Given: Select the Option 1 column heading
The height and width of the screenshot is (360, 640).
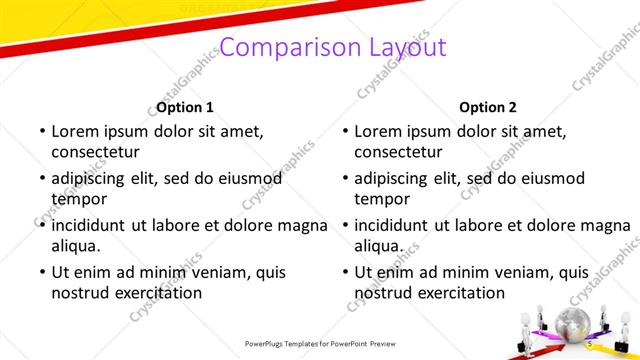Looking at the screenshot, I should coord(185,107).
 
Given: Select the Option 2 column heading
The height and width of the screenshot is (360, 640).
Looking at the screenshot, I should coord(488,107).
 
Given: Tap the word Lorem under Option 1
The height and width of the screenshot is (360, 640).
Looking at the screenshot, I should coord(76,131).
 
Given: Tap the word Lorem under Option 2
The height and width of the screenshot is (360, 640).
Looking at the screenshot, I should coord(379,131).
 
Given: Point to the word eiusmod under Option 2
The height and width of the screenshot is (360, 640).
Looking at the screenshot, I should coord(549,178).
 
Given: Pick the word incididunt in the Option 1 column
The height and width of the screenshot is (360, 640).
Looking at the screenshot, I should coord(99,225).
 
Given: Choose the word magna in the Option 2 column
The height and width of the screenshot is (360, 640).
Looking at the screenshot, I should coord(604,225).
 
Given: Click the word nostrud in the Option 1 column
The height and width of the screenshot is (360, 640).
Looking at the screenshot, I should coord(80,293).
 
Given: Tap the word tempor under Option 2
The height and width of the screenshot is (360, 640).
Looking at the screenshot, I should coord(378,199).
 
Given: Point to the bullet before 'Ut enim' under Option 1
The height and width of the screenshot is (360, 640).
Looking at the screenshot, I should coord(40,272).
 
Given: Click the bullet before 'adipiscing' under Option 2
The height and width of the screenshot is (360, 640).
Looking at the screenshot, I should coord(343,178).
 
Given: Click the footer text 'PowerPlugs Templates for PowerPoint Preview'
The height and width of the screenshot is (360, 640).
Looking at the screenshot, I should coord(319,343).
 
